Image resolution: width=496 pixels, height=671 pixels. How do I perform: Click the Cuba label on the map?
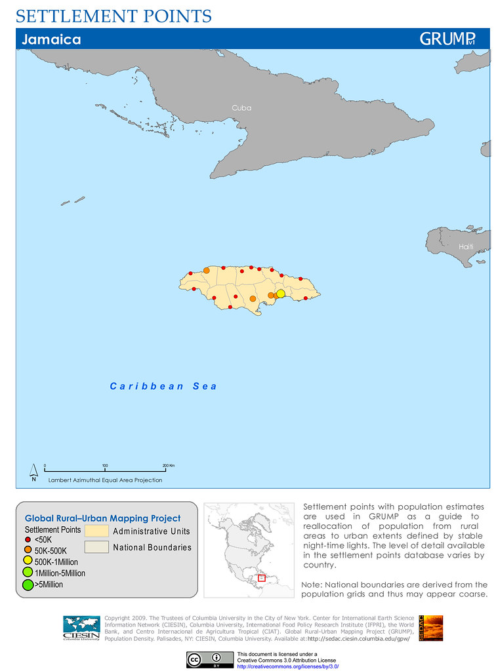tap(241, 107)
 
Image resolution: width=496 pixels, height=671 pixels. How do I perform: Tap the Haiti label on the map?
tap(466, 246)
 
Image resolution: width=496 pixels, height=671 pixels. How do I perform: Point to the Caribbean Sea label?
tap(163, 386)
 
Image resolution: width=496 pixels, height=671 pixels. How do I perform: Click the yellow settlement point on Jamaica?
tap(281, 294)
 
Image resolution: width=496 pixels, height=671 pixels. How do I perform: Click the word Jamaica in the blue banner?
tap(51, 39)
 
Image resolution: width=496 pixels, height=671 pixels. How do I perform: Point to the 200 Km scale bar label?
tap(168, 465)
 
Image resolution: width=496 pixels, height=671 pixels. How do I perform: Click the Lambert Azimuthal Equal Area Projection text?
tap(105, 480)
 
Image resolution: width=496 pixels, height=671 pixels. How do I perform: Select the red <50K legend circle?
tap(29, 540)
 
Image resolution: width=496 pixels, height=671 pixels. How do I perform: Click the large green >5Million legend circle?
tap(29, 584)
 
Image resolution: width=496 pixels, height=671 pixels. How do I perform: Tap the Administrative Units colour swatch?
tap(96, 530)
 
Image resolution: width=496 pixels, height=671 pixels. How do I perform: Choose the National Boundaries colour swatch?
tap(96, 547)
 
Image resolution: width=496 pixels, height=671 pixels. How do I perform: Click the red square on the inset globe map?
tap(262, 578)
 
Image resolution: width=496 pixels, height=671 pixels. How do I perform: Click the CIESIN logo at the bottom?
tap(81, 628)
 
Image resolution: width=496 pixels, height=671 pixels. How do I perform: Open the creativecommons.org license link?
tap(287, 666)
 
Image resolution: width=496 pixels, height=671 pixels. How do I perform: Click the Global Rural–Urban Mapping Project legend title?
tap(102, 518)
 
